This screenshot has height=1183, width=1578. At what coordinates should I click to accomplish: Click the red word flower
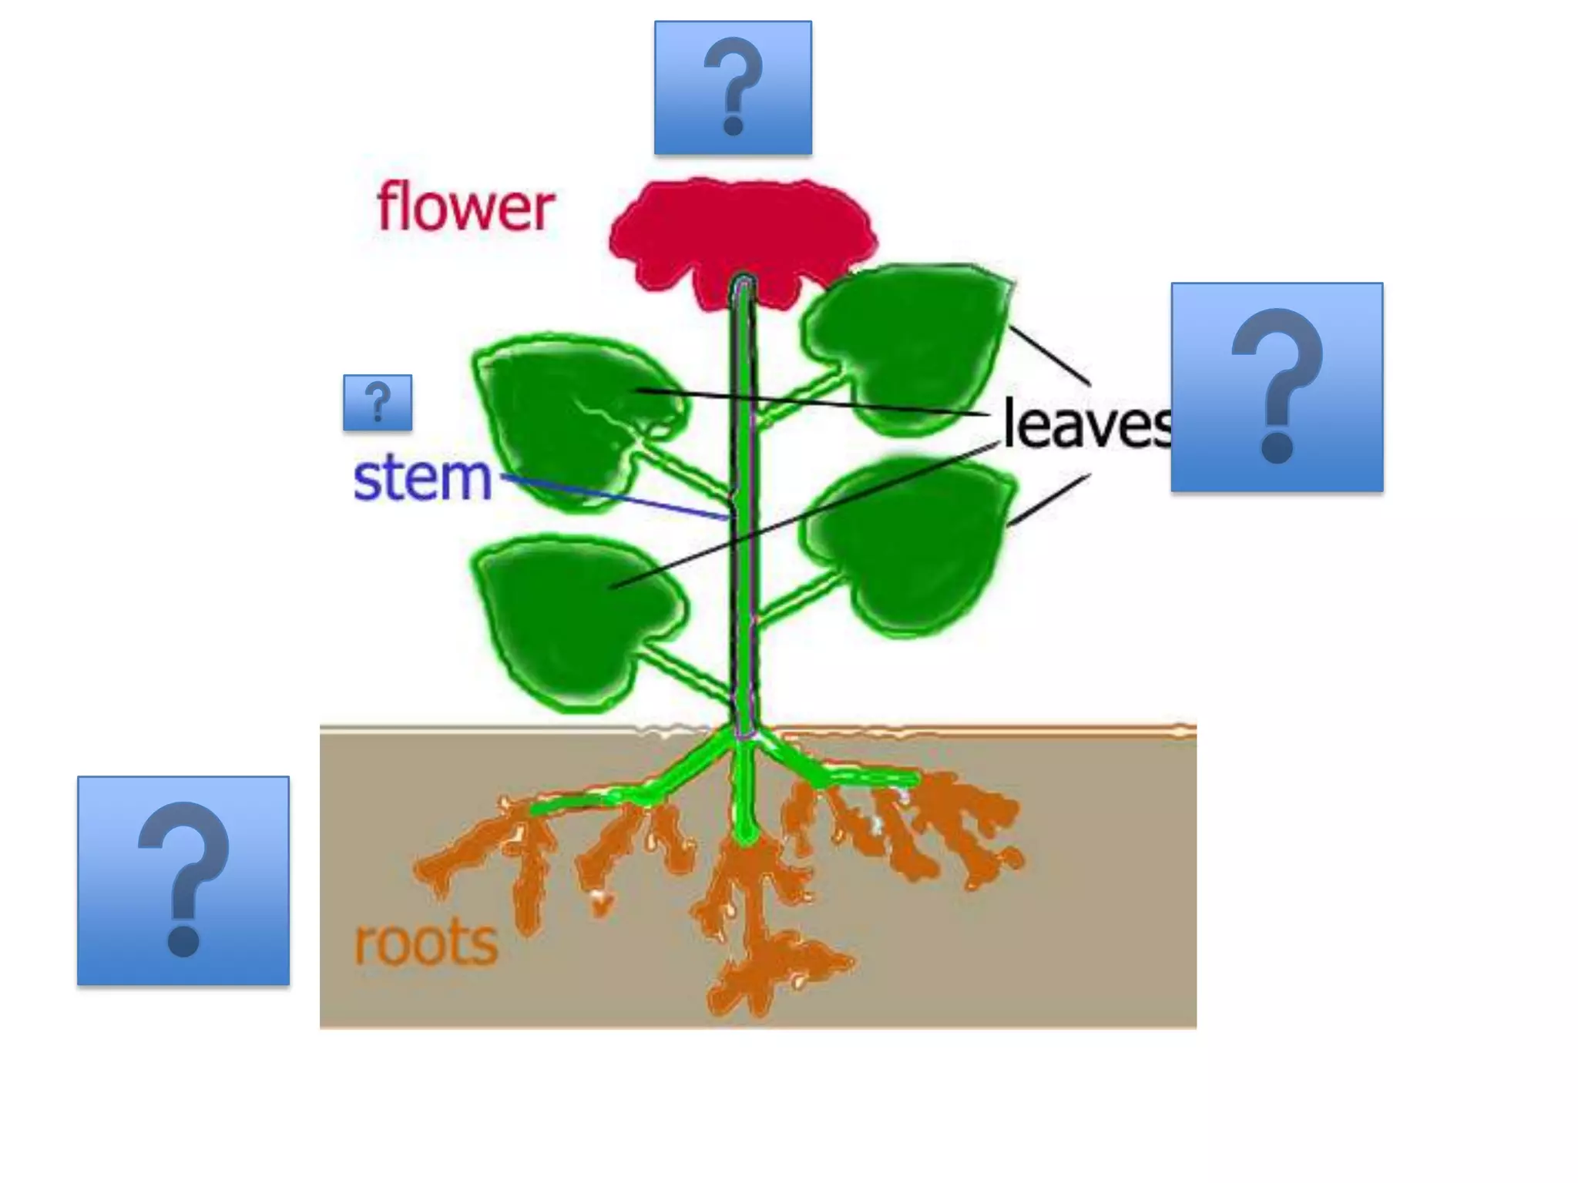coord(465,207)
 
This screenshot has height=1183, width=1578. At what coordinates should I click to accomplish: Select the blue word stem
coord(422,479)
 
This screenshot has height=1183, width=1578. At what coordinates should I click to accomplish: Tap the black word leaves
coord(1086,425)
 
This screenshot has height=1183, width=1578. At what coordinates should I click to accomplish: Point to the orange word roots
coord(425,943)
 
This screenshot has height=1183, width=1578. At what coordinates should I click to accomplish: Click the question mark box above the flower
coord(733,88)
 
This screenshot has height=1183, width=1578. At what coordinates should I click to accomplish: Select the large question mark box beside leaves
coord(1277,387)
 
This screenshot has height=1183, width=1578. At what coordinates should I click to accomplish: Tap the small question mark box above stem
coord(378,402)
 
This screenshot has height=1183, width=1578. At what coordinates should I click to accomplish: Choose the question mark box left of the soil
coord(183,880)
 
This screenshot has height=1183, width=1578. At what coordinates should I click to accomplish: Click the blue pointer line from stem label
coord(616,497)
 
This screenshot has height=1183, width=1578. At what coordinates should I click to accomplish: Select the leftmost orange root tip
coord(424,870)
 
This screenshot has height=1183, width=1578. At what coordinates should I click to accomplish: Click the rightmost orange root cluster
coord(979,832)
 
